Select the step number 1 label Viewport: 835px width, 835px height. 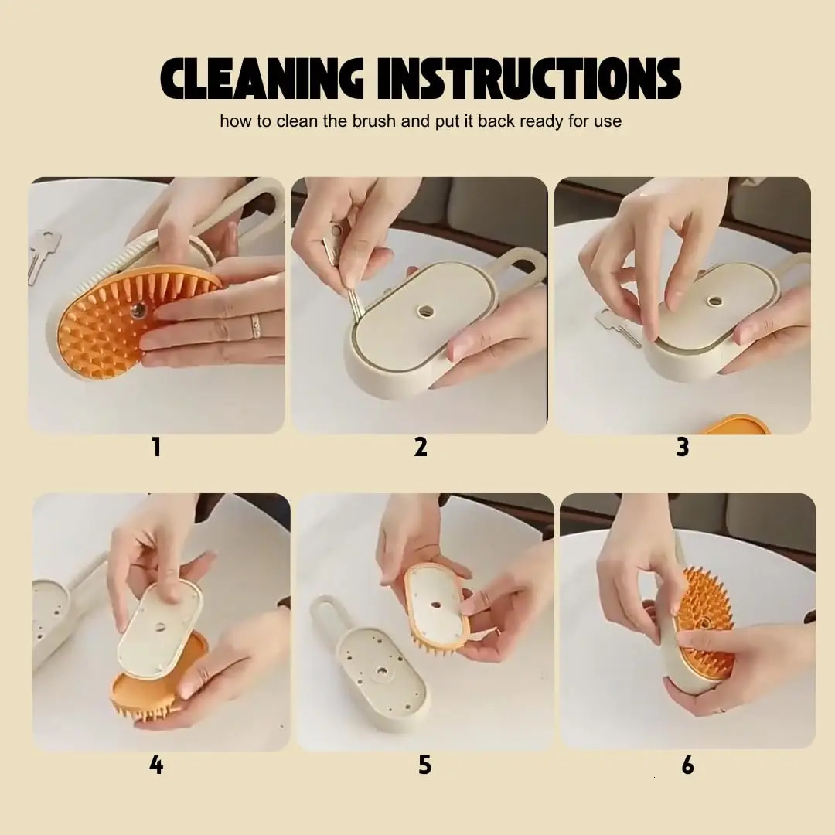[x=156, y=447]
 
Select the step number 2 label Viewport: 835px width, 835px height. [x=421, y=447]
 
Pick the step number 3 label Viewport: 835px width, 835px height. [x=682, y=447]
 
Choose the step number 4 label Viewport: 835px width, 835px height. [x=156, y=765]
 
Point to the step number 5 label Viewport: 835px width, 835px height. [x=424, y=765]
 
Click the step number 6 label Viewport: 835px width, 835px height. [x=687, y=765]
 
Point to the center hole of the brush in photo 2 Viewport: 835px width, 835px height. [x=426, y=311]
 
